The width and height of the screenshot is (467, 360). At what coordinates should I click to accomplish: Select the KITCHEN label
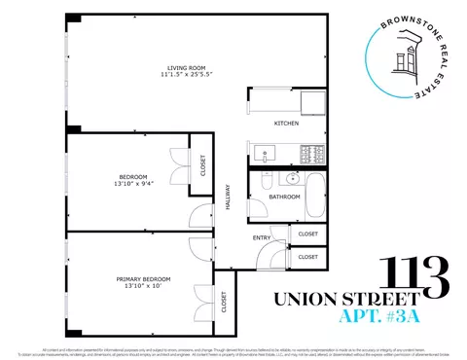286,124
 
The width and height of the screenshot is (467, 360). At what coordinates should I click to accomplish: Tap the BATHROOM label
285,197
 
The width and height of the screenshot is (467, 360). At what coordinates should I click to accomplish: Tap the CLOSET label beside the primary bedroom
224,303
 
